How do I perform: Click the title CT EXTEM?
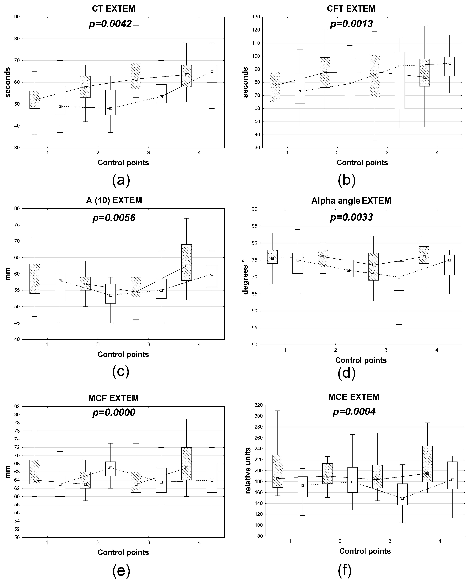point(113,9)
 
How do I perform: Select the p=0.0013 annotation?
point(351,24)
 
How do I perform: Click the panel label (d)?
point(347,372)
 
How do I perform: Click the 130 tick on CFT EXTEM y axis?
point(256,17)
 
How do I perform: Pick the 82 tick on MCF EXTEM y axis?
point(17,406)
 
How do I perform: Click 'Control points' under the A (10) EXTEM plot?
point(123,354)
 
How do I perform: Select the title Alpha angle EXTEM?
point(351,201)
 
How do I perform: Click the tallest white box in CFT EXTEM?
point(400,81)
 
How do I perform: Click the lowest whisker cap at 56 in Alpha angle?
point(399,324)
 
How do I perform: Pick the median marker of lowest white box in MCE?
point(402,498)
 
